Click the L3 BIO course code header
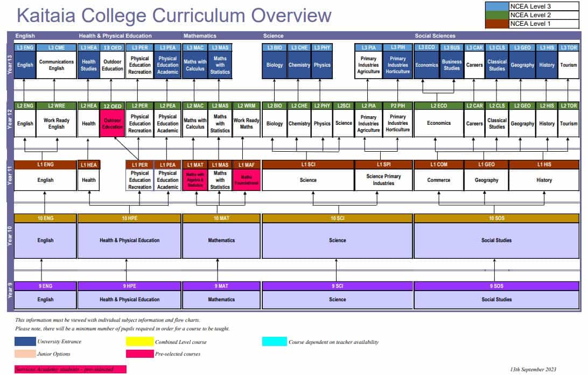point(275,48)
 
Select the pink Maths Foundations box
point(246,180)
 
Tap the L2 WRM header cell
point(246,106)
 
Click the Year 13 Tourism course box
point(568,65)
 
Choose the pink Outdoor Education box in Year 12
point(113,123)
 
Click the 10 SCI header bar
point(337,218)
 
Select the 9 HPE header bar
point(129,286)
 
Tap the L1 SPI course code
point(383,165)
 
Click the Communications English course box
point(57,65)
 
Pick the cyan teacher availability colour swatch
point(274,341)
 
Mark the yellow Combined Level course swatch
point(138,341)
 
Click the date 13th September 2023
point(533,370)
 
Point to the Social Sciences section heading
point(435,36)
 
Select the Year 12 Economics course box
point(438,123)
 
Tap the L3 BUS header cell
point(452,48)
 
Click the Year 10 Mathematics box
point(221,240)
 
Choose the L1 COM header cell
point(438,165)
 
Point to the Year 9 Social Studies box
point(496,300)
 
